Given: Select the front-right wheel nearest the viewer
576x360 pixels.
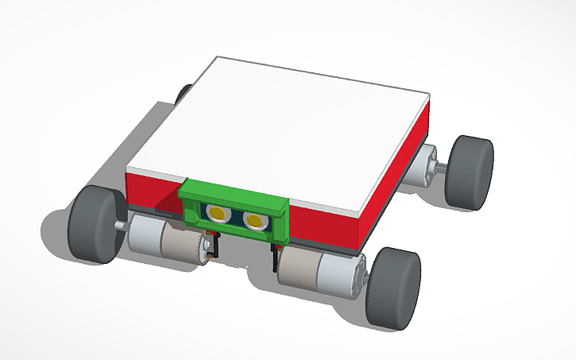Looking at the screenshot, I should click(394, 288).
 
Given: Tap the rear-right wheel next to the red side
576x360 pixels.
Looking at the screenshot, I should click(469, 172).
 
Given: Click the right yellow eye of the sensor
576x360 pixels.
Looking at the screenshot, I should click(254, 220).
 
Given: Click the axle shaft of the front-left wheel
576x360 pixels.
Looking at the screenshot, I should click(121, 226).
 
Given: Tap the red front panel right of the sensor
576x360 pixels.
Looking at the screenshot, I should click(326, 226).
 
